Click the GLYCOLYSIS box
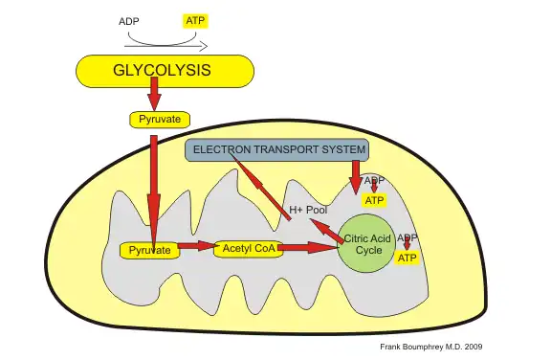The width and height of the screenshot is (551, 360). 165,72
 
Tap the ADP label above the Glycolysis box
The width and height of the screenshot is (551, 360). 128,21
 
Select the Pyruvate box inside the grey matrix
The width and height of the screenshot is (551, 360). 149,250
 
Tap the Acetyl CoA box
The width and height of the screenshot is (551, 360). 246,248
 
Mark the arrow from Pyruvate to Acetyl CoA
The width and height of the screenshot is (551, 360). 196,247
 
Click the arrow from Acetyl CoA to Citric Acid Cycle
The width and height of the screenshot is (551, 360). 310,248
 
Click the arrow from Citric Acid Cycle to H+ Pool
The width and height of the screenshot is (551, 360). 330,226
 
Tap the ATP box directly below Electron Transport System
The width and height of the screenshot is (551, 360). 374,200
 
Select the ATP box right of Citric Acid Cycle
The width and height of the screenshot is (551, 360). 408,259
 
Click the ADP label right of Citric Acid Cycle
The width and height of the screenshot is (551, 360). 407,237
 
